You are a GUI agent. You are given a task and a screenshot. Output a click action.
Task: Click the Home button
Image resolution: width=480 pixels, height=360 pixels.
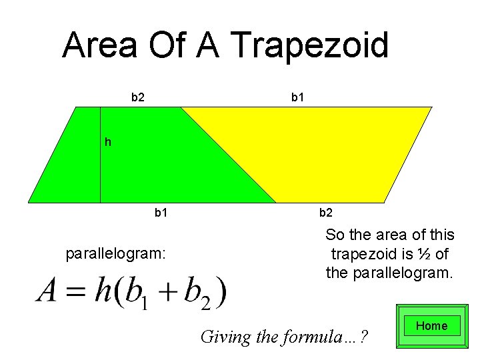pyautogui.click(x=431, y=326)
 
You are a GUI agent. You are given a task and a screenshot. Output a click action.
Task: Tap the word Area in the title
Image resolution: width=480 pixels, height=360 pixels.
pyautogui.click(x=99, y=46)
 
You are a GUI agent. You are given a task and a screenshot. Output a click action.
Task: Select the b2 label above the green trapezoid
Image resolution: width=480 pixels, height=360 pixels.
pyautogui.click(x=138, y=97)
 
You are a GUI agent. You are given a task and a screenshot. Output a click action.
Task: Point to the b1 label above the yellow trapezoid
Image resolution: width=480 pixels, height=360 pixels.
pyautogui.click(x=298, y=97)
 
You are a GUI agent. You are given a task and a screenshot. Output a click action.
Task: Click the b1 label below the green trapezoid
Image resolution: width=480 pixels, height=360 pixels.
pyautogui.click(x=161, y=213)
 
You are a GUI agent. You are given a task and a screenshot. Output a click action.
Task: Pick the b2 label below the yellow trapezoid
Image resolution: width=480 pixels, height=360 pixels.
pyautogui.click(x=326, y=213)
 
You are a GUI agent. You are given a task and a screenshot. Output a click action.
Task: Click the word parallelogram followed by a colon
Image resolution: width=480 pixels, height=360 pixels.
pyautogui.click(x=115, y=254)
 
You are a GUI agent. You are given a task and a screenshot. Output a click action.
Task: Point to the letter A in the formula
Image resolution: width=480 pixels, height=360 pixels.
pyautogui.click(x=47, y=292)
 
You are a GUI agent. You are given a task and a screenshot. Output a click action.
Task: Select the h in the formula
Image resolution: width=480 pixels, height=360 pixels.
pyautogui.click(x=104, y=291)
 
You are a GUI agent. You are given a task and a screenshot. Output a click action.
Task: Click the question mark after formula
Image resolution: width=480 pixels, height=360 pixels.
pyautogui.click(x=363, y=337)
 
